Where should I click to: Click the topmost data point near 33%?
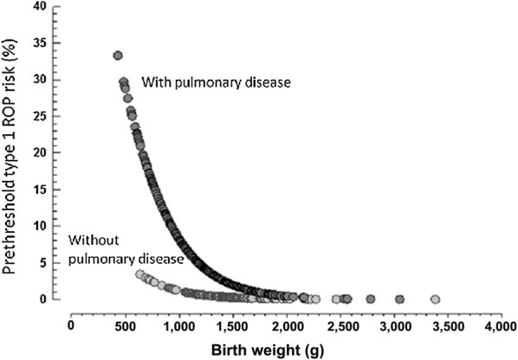pyautogui.click(x=118, y=55)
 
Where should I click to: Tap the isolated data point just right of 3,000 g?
pyautogui.click(x=399, y=299)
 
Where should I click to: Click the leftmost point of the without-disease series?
pyautogui.click(x=140, y=274)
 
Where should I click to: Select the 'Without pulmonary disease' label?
pyautogui.click(x=126, y=249)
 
